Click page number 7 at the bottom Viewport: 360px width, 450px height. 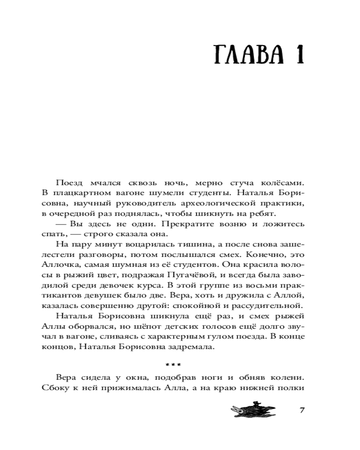[x=302, y=410]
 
